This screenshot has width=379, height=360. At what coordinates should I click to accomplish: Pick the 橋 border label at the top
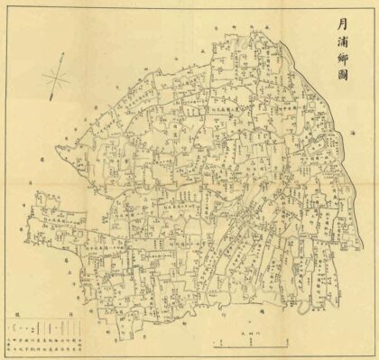[268, 28]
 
